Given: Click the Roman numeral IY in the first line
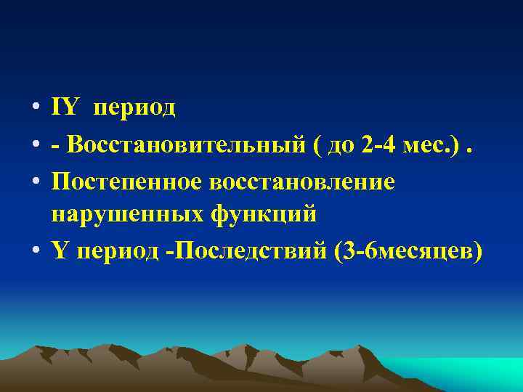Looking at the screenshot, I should click(65, 107).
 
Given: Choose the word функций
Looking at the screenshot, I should click(264, 216).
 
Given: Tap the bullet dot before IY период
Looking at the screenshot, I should click(34, 109).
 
